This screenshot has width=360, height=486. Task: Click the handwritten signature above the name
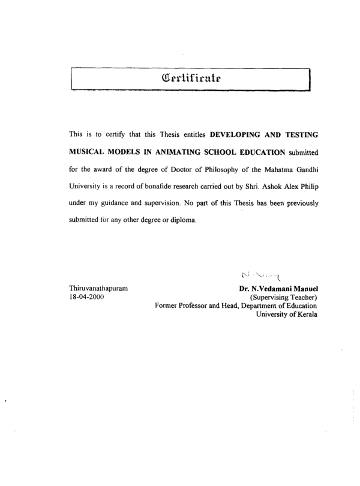(264, 275)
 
